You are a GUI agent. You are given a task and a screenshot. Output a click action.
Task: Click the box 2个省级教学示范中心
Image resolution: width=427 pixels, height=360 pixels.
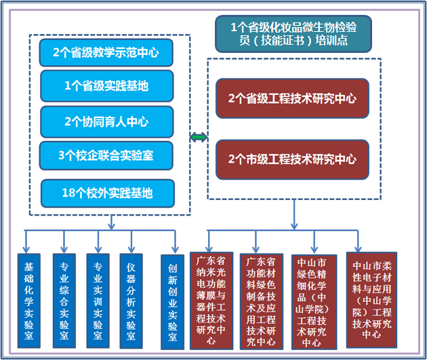[107, 52]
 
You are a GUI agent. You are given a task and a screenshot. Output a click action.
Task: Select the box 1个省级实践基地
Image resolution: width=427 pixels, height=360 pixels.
[106, 86]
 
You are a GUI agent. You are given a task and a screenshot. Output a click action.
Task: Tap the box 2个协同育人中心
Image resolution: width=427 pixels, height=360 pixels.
[106, 122]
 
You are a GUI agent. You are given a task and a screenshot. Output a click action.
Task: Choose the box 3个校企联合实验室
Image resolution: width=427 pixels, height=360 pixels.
[106, 156]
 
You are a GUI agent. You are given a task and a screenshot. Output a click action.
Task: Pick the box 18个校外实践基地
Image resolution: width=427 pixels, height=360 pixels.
[107, 193]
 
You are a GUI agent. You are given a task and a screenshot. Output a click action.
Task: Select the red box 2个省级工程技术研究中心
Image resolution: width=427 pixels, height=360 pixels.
[292, 98]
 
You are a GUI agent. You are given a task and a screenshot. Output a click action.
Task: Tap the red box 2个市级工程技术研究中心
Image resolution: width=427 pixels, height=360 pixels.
[292, 159]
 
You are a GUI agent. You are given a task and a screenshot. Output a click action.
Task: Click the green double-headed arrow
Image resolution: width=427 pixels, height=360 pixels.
[199, 138]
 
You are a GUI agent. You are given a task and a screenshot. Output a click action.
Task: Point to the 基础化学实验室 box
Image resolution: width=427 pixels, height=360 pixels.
[28, 300]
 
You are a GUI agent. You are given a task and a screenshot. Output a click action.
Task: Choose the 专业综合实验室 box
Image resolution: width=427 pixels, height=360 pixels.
[64, 300]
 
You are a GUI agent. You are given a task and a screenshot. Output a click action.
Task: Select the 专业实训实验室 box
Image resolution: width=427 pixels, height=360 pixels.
[98, 300]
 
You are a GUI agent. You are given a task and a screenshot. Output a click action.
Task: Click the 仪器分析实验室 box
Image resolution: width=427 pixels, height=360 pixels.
[131, 300]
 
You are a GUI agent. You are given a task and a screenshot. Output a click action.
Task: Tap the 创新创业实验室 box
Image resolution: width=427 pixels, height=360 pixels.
[172, 300]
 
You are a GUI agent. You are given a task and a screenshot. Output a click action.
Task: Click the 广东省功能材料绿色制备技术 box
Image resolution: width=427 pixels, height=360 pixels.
[262, 300]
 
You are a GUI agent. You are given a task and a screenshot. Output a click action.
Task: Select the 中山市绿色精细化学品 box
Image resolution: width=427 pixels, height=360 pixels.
[312, 300]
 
